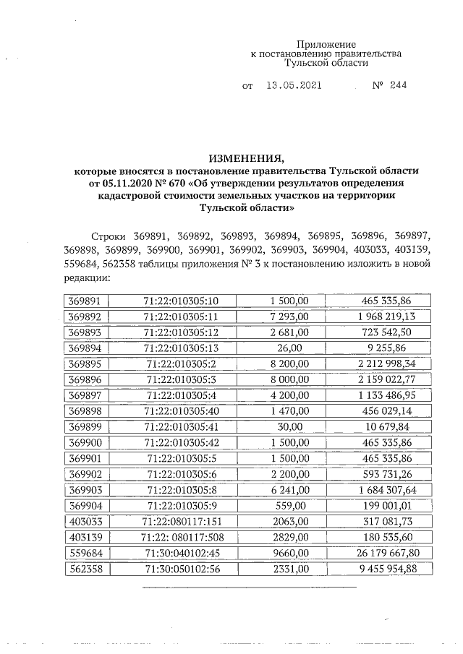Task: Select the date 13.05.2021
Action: [293, 85]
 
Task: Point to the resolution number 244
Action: [397, 85]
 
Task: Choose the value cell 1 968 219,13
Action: [380, 317]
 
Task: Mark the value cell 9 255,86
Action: [380, 348]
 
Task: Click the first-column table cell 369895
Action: [85, 363]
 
